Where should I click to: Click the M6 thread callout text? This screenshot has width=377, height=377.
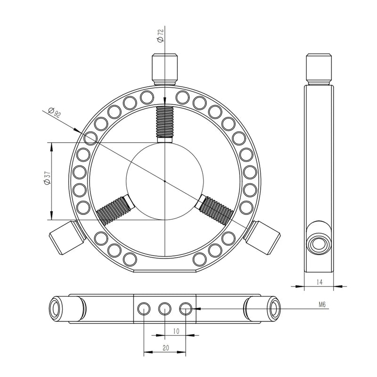point(322,304)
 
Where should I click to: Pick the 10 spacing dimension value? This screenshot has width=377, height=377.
point(175,331)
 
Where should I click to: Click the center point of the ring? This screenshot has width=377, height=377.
point(164,180)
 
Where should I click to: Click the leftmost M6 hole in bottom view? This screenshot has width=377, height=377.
point(143,309)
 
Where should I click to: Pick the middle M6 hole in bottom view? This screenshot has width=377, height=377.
point(164,309)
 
